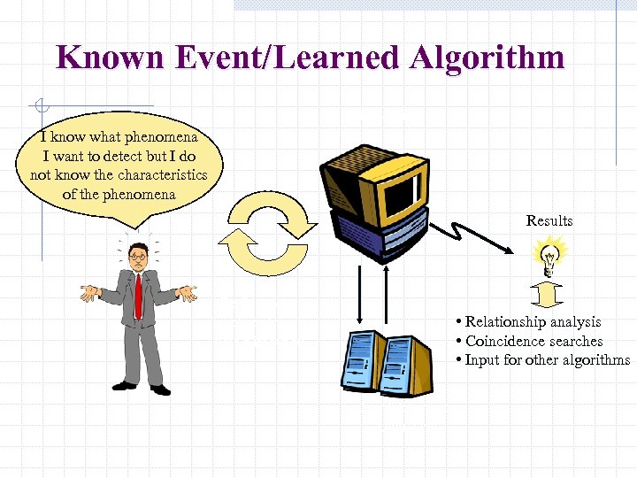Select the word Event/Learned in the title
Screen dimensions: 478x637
(281, 58)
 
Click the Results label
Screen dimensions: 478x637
(549, 220)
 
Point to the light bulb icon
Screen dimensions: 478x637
(549, 257)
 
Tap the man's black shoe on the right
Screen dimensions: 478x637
(160, 389)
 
